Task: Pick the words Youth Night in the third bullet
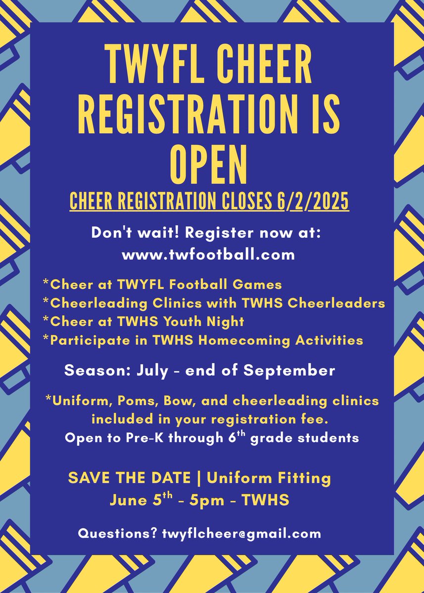(x=215, y=322)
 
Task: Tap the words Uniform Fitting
(x=269, y=478)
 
